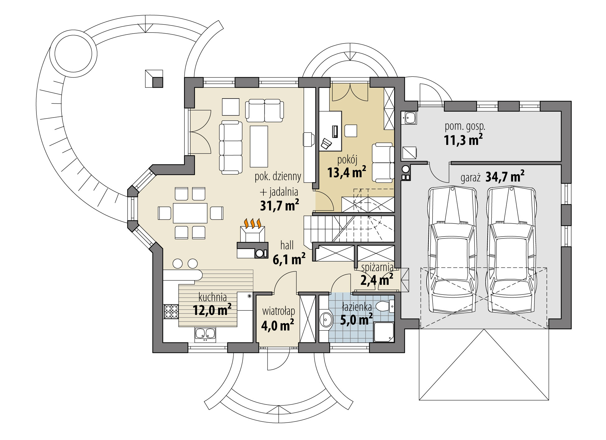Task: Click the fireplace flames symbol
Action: click(x=252, y=223)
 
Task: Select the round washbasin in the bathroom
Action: click(x=326, y=319)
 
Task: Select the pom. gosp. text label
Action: click(x=465, y=127)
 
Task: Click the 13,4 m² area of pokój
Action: click(x=346, y=172)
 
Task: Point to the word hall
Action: click(x=287, y=245)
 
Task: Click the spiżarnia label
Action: click(x=377, y=267)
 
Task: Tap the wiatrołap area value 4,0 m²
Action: click(x=277, y=326)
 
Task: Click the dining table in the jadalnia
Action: click(x=190, y=213)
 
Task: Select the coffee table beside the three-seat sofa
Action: click(x=259, y=146)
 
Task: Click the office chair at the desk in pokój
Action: click(x=327, y=143)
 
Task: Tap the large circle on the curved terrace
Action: click(x=73, y=53)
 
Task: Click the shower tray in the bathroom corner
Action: click(x=384, y=332)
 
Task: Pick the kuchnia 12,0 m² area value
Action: click(x=212, y=310)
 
